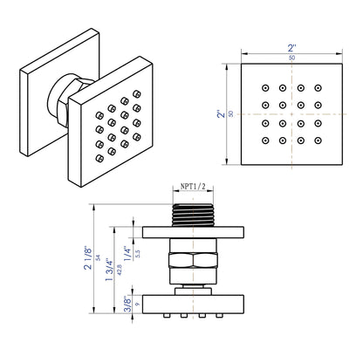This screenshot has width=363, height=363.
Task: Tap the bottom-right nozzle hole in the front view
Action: pyautogui.click(x=316, y=139)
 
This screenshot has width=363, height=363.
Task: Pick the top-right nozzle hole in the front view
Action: pyautogui.click(x=316, y=89)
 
